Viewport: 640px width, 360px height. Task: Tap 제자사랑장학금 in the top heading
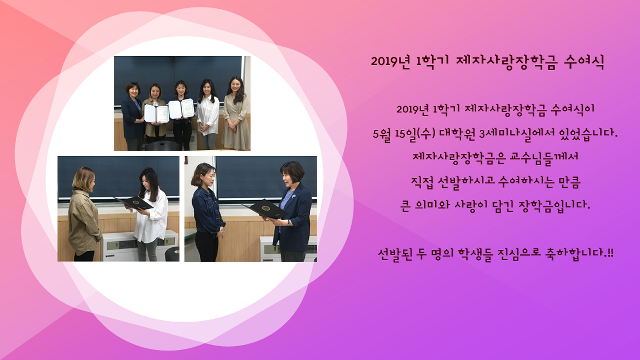506,62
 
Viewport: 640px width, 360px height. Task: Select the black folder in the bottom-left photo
134,203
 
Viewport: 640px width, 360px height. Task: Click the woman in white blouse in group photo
208,114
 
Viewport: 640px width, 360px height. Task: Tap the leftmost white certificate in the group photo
157,113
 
